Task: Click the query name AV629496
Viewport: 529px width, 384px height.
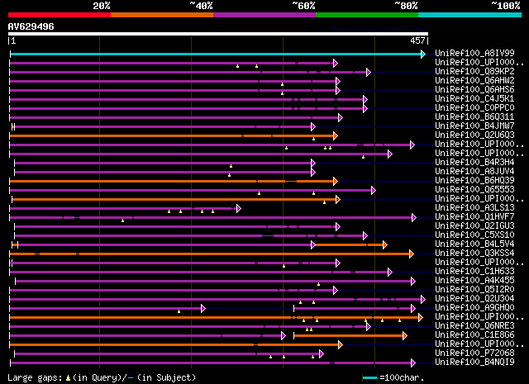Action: pos(31,26)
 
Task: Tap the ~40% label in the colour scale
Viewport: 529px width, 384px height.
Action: pos(201,6)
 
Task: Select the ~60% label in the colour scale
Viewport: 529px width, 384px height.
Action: pos(303,6)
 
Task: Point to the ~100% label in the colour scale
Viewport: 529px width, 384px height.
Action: pos(505,6)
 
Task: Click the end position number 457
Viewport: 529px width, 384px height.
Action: pos(417,40)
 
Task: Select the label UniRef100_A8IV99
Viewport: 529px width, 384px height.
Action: pos(474,54)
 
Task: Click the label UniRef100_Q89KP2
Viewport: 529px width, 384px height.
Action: pos(474,72)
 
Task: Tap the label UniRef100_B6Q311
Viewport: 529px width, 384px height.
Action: pos(474,117)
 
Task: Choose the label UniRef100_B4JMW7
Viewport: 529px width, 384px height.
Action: pos(474,126)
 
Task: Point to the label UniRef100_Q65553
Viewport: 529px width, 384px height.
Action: pos(474,190)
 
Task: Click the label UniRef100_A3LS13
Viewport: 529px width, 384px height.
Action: pos(474,208)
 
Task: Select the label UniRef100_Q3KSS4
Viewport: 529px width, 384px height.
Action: pos(474,254)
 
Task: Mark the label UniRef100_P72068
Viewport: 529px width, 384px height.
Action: pos(474,353)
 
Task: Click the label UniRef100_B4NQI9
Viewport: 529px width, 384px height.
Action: pos(474,362)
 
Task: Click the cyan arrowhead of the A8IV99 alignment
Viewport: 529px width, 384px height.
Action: pos(422,54)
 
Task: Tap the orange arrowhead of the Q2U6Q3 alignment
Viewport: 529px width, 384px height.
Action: pos(335,135)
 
